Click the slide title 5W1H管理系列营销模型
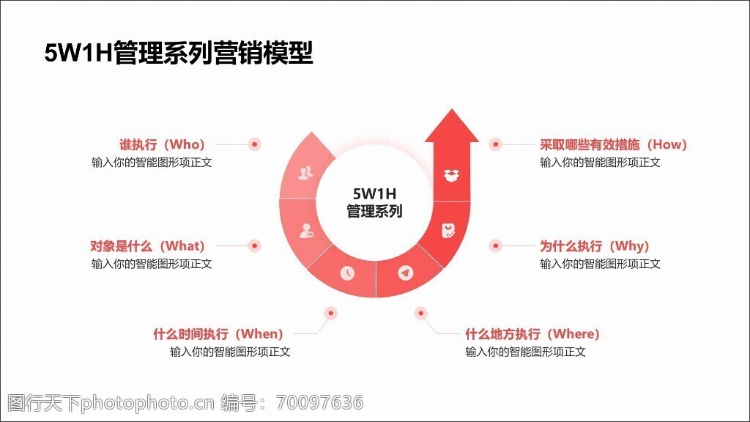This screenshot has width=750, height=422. pyautogui.click(x=179, y=53)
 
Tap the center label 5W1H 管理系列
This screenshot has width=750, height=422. pyautogui.click(x=374, y=202)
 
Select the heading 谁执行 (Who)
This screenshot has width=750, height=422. pyautogui.click(x=162, y=144)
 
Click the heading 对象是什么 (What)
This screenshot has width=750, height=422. pyautogui.click(x=147, y=246)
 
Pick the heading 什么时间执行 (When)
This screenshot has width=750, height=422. pyautogui.click(x=218, y=334)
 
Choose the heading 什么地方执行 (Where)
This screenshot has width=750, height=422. pyautogui.click(x=532, y=334)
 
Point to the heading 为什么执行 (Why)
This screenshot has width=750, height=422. pyautogui.click(x=595, y=246)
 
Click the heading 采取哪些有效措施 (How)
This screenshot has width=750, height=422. pyautogui.click(x=613, y=144)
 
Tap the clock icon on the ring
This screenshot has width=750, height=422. pyautogui.click(x=348, y=273)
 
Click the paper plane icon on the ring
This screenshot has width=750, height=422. pyautogui.click(x=406, y=273)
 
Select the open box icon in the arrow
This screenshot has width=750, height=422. pyautogui.click(x=451, y=176)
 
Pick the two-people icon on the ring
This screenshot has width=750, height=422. pyautogui.click(x=305, y=173)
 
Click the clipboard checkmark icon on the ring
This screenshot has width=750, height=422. pyautogui.click(x=448, y=231)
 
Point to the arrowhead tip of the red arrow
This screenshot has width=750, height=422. pyautogui.click(x=451, y=109)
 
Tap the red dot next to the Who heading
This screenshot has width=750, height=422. pyautogui.click(x=254, y=144)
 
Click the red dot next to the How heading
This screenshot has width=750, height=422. pyautogui.click(x=496, y=144)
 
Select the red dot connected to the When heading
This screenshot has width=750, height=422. pyautogui.click(x=330, y=314)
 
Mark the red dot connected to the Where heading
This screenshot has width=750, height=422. pyautogui.click(x=421, y=314)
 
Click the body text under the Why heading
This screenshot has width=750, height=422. pyautogui.click(x=601, y=264)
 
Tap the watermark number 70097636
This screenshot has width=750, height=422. pyautogui.click(x=320, y=403)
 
